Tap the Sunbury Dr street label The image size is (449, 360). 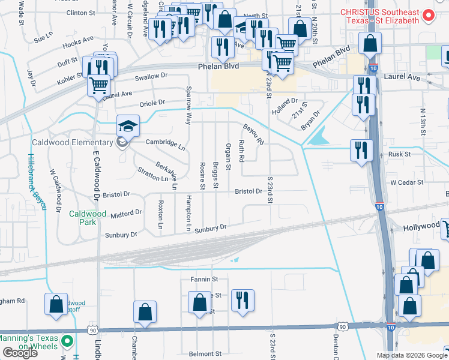[210, 228]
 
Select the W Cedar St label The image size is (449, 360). [406, 182]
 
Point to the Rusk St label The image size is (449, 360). [399, 154]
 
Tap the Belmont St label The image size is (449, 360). [205, 353]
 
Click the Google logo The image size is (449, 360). [19, 353]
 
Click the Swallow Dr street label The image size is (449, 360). [151, 76]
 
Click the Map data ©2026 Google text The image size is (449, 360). [411, 355]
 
